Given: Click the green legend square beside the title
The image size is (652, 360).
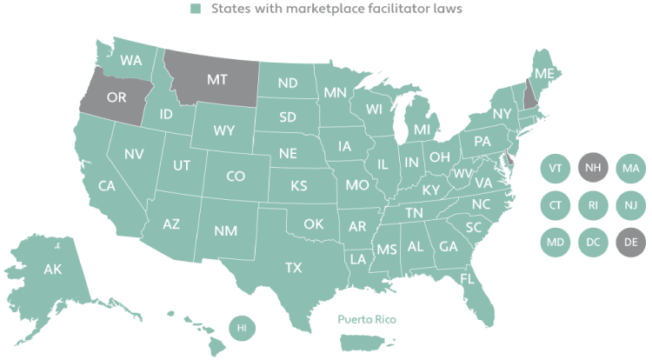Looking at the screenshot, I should [196, 10].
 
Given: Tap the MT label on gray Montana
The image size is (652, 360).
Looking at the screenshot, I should [216, 78].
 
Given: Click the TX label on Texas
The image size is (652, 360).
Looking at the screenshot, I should [294, 269].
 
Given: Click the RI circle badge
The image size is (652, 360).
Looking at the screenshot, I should [592, 204].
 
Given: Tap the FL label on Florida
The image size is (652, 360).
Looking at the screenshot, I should [467, 278].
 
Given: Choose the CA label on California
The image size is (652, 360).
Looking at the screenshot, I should [107, 185].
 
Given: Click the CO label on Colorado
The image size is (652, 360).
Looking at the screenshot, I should [235, 176].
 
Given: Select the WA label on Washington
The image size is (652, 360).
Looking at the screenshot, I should [132, 61].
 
